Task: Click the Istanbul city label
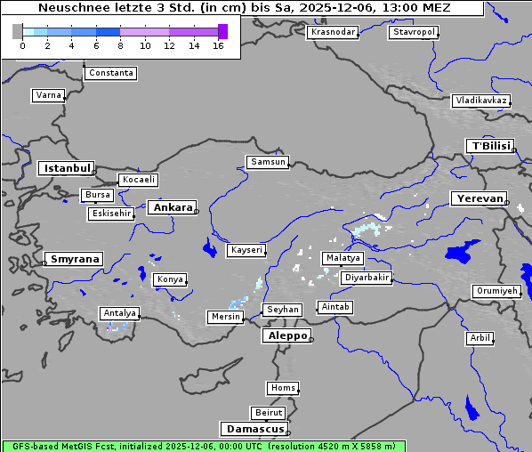coord(66,167)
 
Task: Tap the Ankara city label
coord(172,207)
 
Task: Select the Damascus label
coord(254,429)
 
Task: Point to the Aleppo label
coord(286,335)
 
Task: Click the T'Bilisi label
coord(489,146)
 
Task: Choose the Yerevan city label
coord(478,198)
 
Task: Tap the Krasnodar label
coord(333,32)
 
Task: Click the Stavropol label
coord(414,32)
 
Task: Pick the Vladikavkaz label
coord(481,101)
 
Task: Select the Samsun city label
coord(268,162)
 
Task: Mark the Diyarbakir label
coord(366,278)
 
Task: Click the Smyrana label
coord(74,259)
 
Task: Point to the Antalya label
coord(119,313)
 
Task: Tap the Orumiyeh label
coord(496,291)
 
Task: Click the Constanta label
coord(111,73)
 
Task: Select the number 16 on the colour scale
coord(218,45)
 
